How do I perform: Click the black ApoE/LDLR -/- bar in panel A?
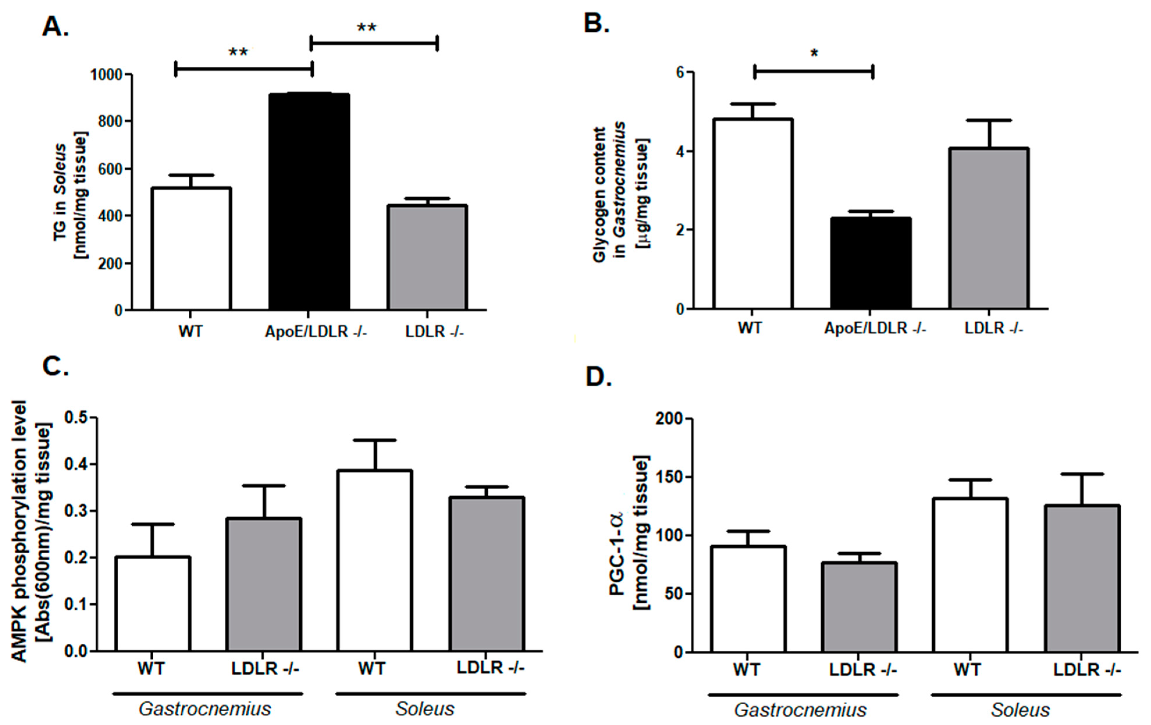coord(309,201)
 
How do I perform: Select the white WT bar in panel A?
coord(191,249)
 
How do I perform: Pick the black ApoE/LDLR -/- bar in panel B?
coord(870,263)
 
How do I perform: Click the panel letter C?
coord(55,366)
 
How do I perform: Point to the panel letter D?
coord(598,377)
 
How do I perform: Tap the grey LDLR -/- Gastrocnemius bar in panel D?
coord(859,607)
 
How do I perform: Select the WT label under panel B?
coord(749,328)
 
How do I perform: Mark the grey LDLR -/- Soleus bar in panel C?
coord(487,574)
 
